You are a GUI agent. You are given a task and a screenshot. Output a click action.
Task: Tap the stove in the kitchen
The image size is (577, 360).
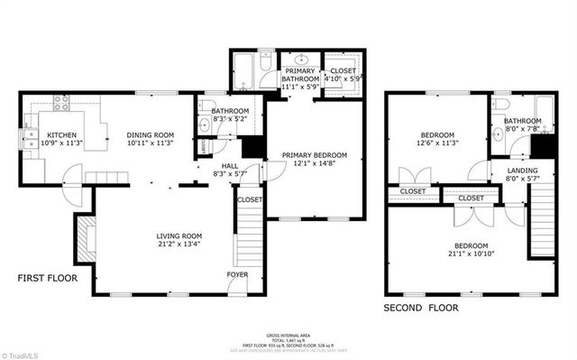[62, 104]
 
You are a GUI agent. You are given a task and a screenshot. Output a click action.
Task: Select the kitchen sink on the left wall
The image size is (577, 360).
[24, 139]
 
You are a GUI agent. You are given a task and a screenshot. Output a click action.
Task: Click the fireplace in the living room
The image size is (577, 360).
[81, 240]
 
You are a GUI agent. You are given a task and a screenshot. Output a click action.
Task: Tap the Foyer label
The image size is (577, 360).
[236, 272]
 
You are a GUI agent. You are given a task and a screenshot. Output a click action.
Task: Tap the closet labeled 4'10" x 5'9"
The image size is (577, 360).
[343, 75]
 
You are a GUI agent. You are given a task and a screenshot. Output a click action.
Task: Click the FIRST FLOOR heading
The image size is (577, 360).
[48, 279]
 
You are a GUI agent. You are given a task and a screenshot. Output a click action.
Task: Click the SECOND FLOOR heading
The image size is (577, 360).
[420, 308]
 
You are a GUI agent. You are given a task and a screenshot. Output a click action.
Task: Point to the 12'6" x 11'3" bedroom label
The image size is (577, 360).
[438, 138]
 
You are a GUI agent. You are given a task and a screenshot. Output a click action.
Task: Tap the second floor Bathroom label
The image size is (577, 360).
[522, 124]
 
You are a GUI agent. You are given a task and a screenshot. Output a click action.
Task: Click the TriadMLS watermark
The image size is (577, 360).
[26, 353]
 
